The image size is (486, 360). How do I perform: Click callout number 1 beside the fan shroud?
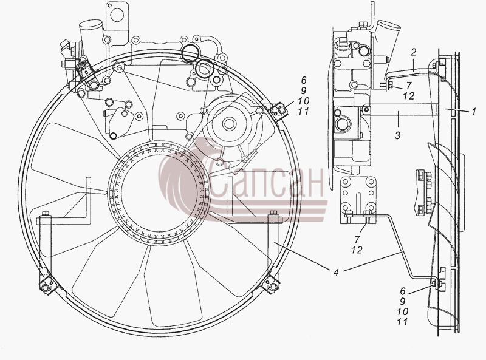[x=473, y=112]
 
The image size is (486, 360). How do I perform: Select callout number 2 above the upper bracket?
[x=414, y=52]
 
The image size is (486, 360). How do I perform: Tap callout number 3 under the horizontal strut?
[x=398, y=135]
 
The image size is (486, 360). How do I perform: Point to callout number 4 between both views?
[x=336, y=273]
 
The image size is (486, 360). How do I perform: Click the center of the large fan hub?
[x=160, y=192]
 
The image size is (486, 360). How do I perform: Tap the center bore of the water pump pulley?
[x=229, y=124]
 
